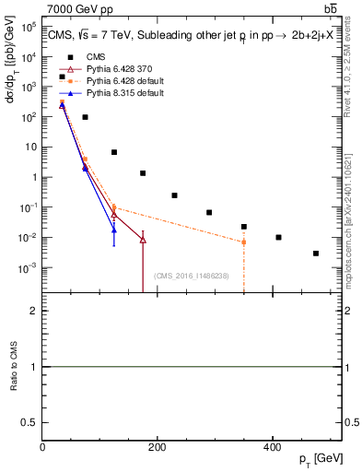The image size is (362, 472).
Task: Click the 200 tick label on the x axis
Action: click(x=157, y=447)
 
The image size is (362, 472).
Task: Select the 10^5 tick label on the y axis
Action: click(x=29, y=27)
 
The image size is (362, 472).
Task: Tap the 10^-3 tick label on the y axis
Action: click(x=29, y=268)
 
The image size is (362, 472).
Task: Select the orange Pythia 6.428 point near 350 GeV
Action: click(x=244, y=242)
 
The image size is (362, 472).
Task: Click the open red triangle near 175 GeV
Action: click(x=143, y=240)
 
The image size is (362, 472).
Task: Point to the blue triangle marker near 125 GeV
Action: click(x=114, y=230)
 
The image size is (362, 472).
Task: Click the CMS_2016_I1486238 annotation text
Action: click(x=193, y=276)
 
